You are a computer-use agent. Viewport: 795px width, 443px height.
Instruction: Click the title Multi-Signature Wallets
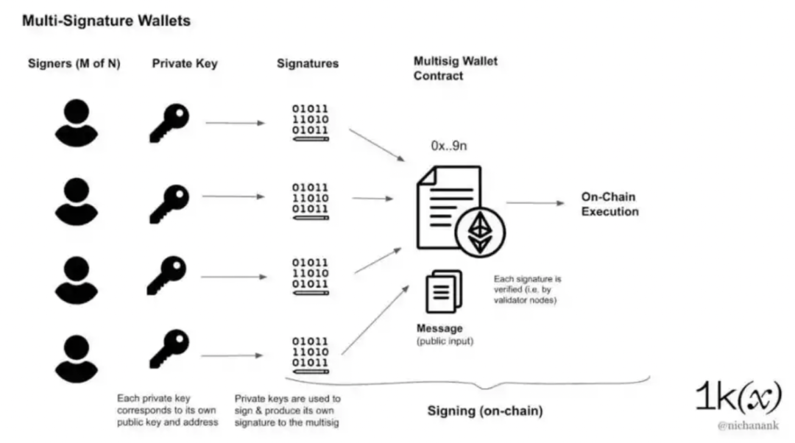click(106, 21)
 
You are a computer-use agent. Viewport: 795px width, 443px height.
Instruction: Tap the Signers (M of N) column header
click(74, 63)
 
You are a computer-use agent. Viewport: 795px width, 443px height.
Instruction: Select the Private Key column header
click(185, 63)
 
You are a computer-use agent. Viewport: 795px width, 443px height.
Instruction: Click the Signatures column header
click(308, 63)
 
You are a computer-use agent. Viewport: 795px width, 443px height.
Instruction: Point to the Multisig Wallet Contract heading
click(455, 68)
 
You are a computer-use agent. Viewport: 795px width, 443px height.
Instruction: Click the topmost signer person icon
click(76, 121)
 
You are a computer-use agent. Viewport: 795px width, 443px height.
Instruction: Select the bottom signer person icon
click(76, 355)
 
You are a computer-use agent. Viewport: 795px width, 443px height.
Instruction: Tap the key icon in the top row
click(169, 122)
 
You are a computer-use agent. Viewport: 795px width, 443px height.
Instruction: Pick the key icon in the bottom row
click(169, 349)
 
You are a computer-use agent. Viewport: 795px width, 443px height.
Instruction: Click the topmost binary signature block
click(310, 121)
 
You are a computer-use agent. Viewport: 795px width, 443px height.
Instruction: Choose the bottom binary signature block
click(310, 352)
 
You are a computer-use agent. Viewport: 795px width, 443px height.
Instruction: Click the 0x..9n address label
click(449, 146)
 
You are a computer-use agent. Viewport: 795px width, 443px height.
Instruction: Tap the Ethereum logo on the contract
click(481, 232)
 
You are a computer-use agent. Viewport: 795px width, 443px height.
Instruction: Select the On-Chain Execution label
click(609, 204)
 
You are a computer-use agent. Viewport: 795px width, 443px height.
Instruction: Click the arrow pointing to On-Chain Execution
click(530, 203)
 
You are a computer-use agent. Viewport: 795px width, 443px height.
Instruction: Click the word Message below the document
click(439, 328)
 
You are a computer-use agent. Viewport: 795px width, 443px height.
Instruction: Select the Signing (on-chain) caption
click(484, 411)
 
